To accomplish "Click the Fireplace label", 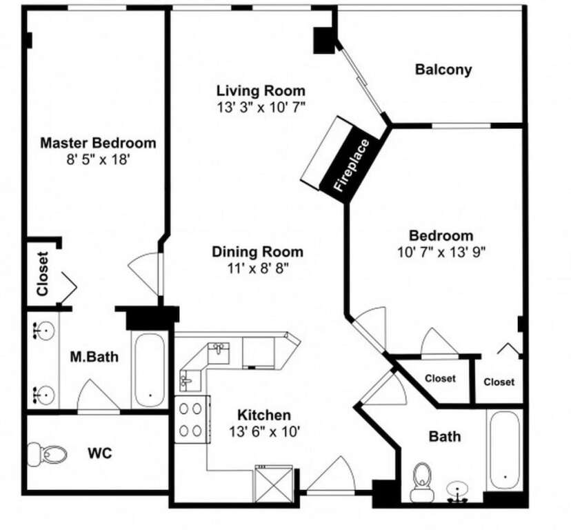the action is coord(352,165).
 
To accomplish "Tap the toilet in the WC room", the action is coord(48,454).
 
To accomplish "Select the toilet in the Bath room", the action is coord(423,482).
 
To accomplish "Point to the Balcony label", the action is coord(443,69).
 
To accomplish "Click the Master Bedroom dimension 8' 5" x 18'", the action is coord(98,159).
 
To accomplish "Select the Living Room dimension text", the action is coord(261,107).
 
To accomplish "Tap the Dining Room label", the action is coord(257,252).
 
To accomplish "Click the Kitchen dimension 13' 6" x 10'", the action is coord(264,431).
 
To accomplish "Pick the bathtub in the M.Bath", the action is coord(150,371).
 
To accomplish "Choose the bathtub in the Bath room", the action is coord(504,451).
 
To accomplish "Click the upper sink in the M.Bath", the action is coord(43,331).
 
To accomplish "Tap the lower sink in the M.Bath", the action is coord(43,395).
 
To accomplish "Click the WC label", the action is coord(100,453).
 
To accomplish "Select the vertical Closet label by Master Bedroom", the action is coord(43,274).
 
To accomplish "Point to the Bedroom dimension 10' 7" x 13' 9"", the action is coord(441,252).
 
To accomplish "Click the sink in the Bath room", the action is coord(457,491).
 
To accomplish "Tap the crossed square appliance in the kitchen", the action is coord(274,484).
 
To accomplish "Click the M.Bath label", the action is coord(94,357).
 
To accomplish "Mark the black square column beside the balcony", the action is coord(323,41).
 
